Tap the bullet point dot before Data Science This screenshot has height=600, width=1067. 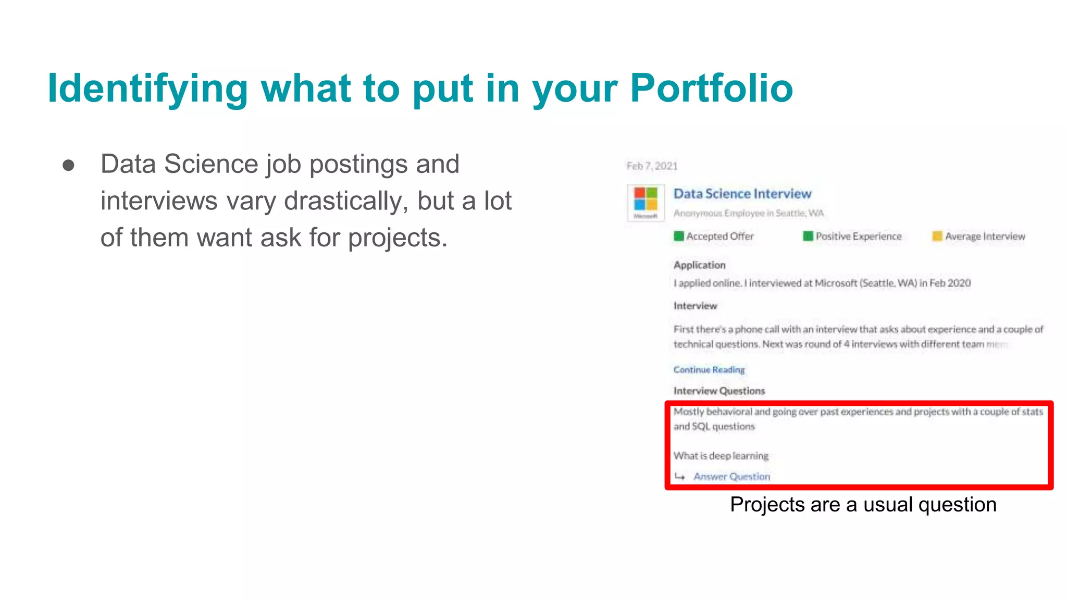coord(68,166)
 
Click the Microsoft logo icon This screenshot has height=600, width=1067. coord(646,201)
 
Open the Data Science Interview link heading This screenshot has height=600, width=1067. coord(742,194)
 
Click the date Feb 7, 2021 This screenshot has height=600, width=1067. coord(652,166)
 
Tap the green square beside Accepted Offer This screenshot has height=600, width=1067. coord(678,236)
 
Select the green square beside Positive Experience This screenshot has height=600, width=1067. coord(808,236)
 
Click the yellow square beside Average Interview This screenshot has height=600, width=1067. coord(937,236)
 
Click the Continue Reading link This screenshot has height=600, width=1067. coord(709,370)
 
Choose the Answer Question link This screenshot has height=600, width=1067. coord(731,477)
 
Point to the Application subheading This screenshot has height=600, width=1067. coord(699,265)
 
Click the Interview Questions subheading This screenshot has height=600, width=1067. coord(719,391)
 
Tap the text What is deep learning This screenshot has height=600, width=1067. coord(721,456)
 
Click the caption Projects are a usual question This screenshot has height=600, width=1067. coord(863,505)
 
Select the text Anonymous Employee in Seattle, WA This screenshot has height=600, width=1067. coord(748,214)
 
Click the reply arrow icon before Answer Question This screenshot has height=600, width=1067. coord(679,477)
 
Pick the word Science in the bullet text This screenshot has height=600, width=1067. coord(211,165)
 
